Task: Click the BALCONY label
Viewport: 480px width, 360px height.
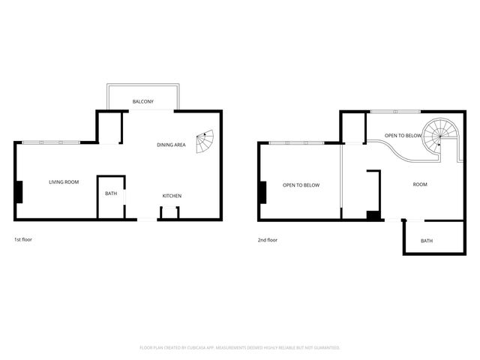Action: point(142,101)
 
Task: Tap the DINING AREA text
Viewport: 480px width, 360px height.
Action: point(171,145)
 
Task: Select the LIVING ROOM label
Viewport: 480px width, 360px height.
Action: point(64,181)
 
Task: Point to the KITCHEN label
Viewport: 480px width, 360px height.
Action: point(172,196)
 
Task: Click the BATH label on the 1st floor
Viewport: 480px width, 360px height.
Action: point(111,193)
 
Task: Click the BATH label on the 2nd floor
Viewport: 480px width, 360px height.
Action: point(427,241)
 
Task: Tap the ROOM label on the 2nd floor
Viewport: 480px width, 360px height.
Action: point(420,184)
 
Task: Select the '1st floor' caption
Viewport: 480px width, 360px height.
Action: point(23,240)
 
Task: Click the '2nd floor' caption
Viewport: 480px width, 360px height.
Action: point(267,240)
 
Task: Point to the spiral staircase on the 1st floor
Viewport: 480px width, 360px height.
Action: point(204,141)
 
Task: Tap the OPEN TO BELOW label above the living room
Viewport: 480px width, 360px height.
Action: point(301,184)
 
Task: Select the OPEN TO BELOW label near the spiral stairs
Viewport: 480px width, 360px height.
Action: point(403,136)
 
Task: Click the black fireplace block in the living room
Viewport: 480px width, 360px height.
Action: point(19,192)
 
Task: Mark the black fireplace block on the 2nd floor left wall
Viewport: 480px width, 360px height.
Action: point(262,192)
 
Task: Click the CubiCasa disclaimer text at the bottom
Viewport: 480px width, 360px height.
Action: point(240,348)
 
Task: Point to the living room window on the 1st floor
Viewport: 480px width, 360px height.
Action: point(51,142)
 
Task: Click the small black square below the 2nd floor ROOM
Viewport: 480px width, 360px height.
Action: point(372,216)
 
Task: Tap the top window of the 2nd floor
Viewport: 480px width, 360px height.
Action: point(397,112)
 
